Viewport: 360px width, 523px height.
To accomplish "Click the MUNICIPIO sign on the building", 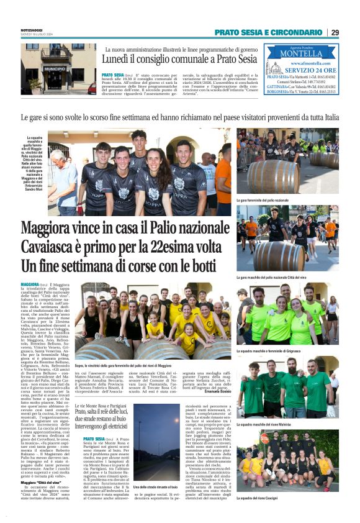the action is pos(55,69).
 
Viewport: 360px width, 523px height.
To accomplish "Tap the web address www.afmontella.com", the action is pos(305,63).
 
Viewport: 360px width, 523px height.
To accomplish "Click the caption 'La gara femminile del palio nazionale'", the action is pos(263,201).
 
